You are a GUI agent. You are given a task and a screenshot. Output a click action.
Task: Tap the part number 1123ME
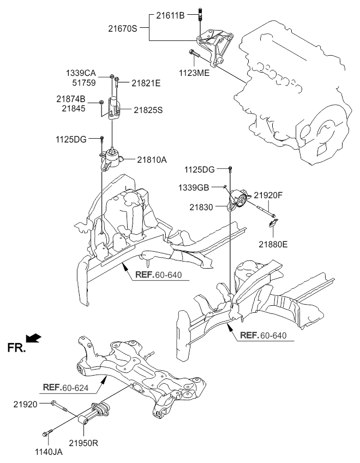point(194,72)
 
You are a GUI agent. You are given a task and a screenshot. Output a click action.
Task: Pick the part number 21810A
point(152,159)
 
